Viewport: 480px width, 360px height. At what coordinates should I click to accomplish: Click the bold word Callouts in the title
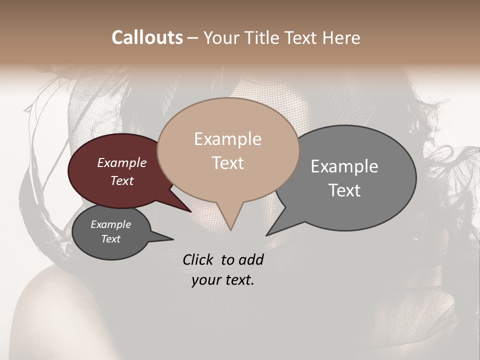coord(147,37)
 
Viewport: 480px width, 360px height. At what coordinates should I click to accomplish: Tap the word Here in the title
coord(342,37)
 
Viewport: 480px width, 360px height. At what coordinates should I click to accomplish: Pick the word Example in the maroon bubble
coord(122,162)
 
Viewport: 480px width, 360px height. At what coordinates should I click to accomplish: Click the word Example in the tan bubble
coord(227,139)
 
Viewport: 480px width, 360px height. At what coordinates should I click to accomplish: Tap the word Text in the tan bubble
coord(227,163)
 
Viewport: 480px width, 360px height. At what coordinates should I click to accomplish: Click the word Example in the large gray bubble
coord(344,166)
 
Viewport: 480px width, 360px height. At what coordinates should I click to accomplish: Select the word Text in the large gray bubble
coord(344,190)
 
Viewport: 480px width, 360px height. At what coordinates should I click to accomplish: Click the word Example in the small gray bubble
coord(111,224)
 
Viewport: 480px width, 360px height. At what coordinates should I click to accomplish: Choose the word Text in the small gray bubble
coord(111,239)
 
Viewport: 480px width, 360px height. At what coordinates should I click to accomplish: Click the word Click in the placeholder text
coord(198,259)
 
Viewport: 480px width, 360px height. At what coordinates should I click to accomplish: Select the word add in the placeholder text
coord(251,259)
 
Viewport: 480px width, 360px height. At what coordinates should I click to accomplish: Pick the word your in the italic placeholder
coord(205,280)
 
